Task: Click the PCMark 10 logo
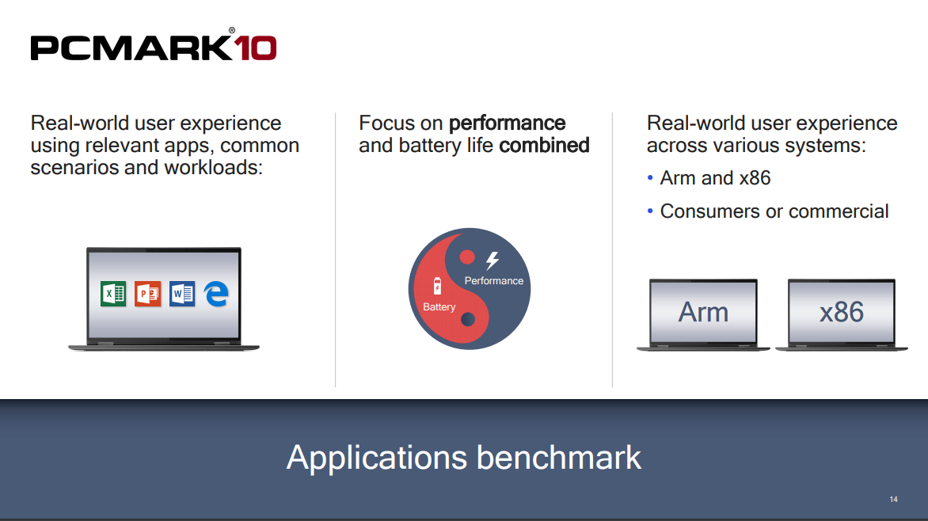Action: [154, 45]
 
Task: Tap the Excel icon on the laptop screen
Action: [113, 294]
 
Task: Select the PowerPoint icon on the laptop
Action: [147, 294]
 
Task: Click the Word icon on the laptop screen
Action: [181, 294]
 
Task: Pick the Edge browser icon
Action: [216, 294]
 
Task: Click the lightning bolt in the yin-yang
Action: [493, 260]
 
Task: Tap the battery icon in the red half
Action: [437, 285]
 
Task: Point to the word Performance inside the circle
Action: [493, 280]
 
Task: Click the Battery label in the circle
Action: [439, 306]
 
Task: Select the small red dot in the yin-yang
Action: [467, 257]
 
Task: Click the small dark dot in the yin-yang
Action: [468, 320]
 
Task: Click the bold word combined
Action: [544, 145]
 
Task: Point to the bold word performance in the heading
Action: [508, 124]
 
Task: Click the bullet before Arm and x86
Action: [650, 177]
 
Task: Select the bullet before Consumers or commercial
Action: [650, 211]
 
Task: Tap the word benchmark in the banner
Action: [559, 458]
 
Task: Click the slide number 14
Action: [894, 499]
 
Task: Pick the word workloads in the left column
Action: [213, 168]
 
